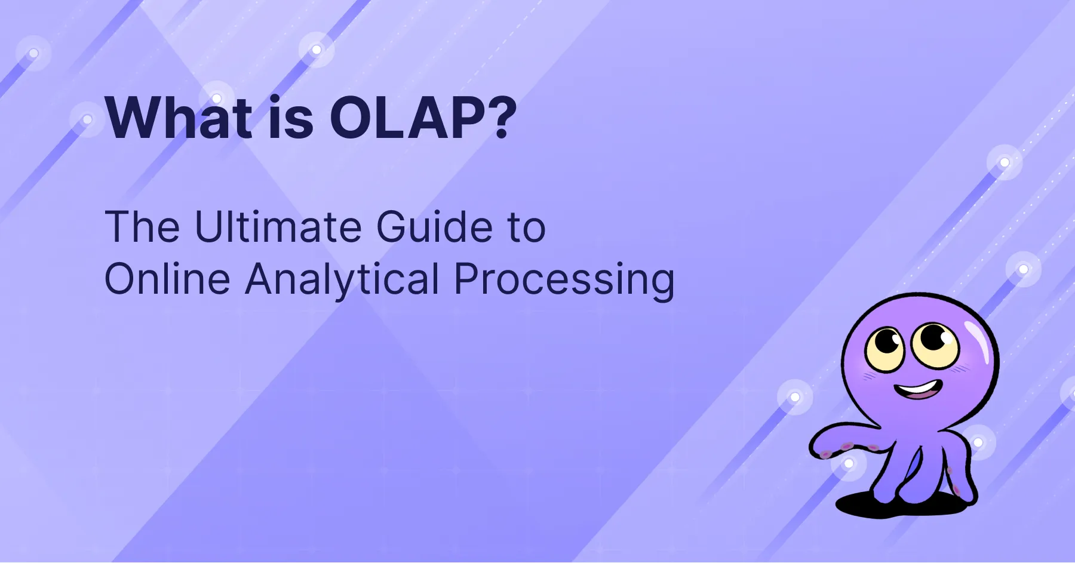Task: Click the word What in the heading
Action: (179, 118)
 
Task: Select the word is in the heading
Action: (291, 118)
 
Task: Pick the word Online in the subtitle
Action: (167, 278)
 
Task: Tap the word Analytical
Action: (342, 278)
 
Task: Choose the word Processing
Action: (564, 278)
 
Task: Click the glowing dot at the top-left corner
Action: (33, 54)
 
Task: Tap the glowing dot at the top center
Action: (317, 50)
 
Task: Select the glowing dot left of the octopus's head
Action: (795, 397)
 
